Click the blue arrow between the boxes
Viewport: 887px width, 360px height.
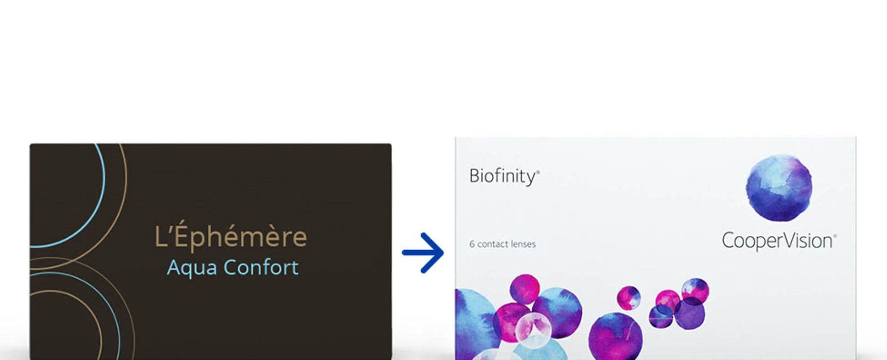coord(423,253)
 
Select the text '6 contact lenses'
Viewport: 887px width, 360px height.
coord(502,244)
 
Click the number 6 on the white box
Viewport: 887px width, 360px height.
coord(472,244)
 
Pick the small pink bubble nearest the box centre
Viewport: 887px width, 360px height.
coord(629,297)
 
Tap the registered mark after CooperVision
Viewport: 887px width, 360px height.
coord(835,236)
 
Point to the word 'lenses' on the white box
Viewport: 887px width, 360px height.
coord(524,244)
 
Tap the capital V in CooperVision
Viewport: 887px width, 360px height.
coord(785,240)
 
